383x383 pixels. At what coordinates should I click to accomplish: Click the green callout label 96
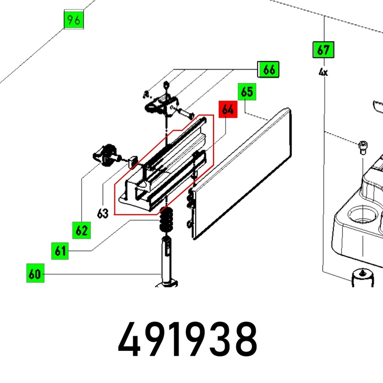tap(74, 19)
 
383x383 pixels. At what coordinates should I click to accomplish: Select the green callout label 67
tap(324, 50)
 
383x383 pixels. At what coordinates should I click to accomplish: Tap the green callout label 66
tap(268, 69)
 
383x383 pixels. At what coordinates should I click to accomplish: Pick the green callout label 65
tap(247, 92)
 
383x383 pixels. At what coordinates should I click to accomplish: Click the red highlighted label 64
tap(228, 109)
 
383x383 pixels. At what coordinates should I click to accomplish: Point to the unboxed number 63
tap(102, 214)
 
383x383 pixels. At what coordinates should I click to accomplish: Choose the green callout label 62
tap(81, 230)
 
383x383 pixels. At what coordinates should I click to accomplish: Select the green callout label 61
tap(60, 251)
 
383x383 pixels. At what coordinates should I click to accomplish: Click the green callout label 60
tap(35, 273)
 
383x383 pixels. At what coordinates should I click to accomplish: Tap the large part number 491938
tap(187, 339)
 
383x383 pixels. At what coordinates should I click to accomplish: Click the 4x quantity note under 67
tap(323, 72)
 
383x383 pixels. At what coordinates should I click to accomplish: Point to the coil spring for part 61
tap(166, 220)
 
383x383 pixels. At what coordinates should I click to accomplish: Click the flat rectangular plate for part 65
tap(242, 173)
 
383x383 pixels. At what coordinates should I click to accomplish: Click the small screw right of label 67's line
tap(363, 147)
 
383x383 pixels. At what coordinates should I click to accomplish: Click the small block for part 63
tap(133, 161)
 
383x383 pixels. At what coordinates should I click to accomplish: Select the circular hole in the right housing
tap(362, 215)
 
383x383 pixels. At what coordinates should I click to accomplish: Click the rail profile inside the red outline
tap(163, 164)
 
